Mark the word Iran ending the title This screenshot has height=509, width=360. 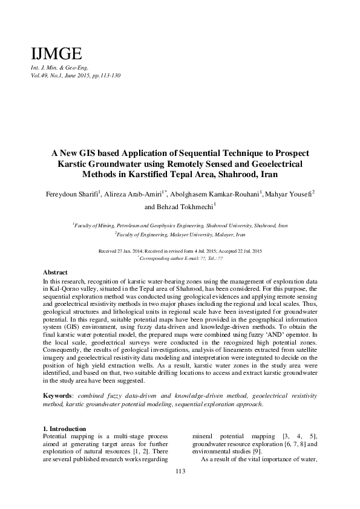(x=266, y=175)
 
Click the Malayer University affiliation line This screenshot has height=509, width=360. (x=180, y=233)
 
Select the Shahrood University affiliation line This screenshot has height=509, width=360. (x=180, y=225)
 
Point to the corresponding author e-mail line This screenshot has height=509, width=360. (x=180, y=258)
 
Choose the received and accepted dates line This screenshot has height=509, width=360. (x=180, y=250)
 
